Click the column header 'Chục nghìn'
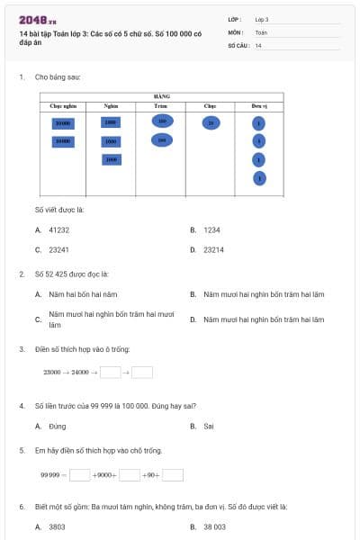tap(62, 105)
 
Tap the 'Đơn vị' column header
tap(258, 105)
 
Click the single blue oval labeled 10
tap(211, 122)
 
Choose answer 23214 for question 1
tap(214, 249)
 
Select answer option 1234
tap(211, 229)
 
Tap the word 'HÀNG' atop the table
tap(162, 96)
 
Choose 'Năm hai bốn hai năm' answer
tap(83, 294)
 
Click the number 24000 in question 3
tap(80, 372)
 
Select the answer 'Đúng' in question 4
tap(57, 426)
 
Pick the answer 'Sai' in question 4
tap(208, 426)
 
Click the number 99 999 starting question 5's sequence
tap(49, 474)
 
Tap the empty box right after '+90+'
tap(173, 474)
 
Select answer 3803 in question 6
tap(57, 526)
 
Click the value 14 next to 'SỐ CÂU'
tap(258, 45)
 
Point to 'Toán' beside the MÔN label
tap(261, 31)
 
